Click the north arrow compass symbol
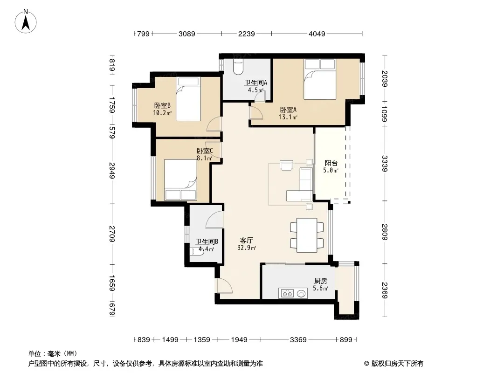(x=26, y=21)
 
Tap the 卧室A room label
(x=288, y=110)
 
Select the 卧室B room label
(x=162, y=105)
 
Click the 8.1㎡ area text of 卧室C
(x=205, y=158)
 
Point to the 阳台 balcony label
(x=331, y=163)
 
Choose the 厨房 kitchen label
(x=320, y=281)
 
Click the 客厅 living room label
(x=247, y=241)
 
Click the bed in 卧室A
(x=319, y=79)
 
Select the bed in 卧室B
(x=188, y=99)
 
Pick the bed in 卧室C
(x=180, y=180)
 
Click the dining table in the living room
(x=307, y=235)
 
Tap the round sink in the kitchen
(x=302, y=294)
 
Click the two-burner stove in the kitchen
(x=287, y=294)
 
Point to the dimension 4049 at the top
(x=317, y=34)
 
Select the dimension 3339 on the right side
(x=385, y=164)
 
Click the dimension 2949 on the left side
(x=112, y=170)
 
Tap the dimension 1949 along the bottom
(x=239, y=340)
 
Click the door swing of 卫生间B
(x=214, y=220)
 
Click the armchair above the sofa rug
(x=286, y=166)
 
